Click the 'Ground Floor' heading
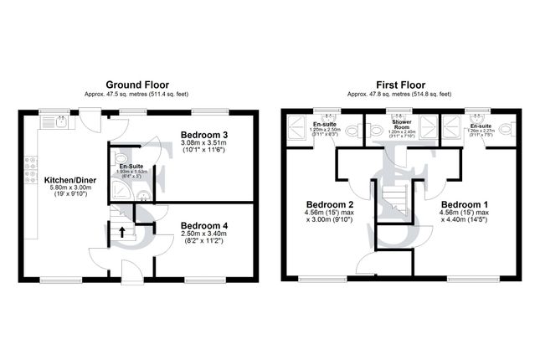click(x=138, y=85)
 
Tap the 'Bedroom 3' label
click(x=204, y=135)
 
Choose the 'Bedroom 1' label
click(x=464, y=205)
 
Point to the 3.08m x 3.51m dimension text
click(x=204, y=144)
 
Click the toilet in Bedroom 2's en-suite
click(x=352, y=131)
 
